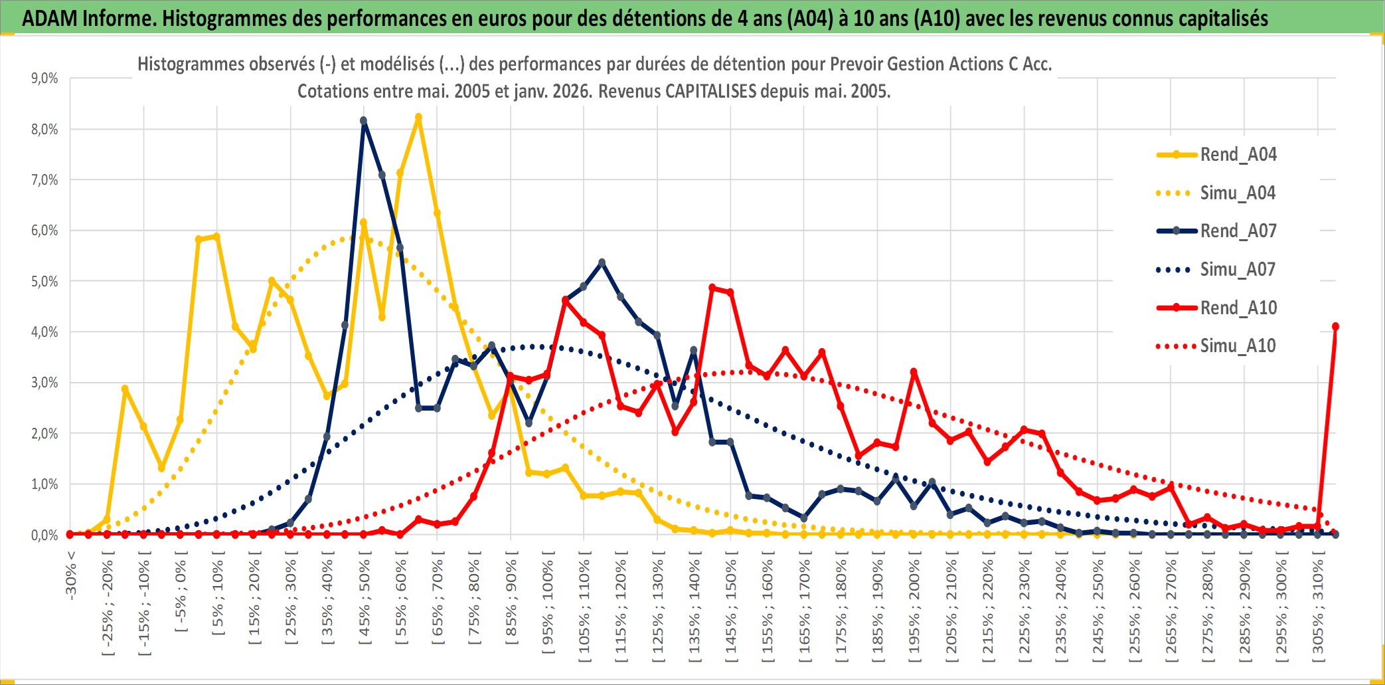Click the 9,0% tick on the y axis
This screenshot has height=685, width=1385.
pos(44,78)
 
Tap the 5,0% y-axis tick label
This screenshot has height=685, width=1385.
pos(44,281)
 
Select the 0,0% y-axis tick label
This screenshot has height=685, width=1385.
pos(44,535)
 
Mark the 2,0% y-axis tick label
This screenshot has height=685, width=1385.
pos(44,433)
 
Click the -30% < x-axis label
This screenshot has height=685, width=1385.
pos(71,575)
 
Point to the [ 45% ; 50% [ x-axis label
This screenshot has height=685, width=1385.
pos(365,601)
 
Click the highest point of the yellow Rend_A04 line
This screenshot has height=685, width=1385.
pos(418,118)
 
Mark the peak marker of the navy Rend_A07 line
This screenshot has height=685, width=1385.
pos(363,121)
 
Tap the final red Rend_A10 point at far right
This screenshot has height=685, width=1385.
pos(1335,327)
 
